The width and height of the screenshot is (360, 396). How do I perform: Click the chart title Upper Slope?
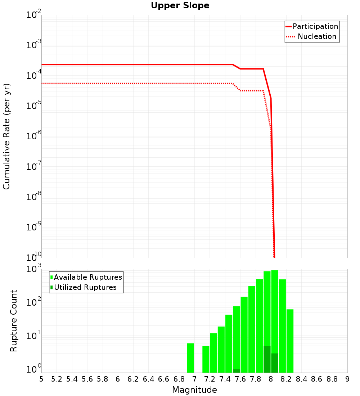point(180,5)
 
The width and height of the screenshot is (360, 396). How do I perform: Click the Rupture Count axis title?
point(14,320)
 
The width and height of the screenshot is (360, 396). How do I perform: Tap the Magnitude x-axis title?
point(194,390)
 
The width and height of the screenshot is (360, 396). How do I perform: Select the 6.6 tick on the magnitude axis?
point(164,379)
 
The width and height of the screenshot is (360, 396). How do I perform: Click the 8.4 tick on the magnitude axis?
point(301,379)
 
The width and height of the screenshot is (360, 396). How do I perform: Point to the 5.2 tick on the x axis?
point(57,379)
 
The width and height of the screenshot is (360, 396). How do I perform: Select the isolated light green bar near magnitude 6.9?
point(190,358)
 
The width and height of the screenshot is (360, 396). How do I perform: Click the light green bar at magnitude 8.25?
point(290,340)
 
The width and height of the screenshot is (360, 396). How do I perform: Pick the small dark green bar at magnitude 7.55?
point(236,371)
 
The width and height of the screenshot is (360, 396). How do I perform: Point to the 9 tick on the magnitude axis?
point(347,379)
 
